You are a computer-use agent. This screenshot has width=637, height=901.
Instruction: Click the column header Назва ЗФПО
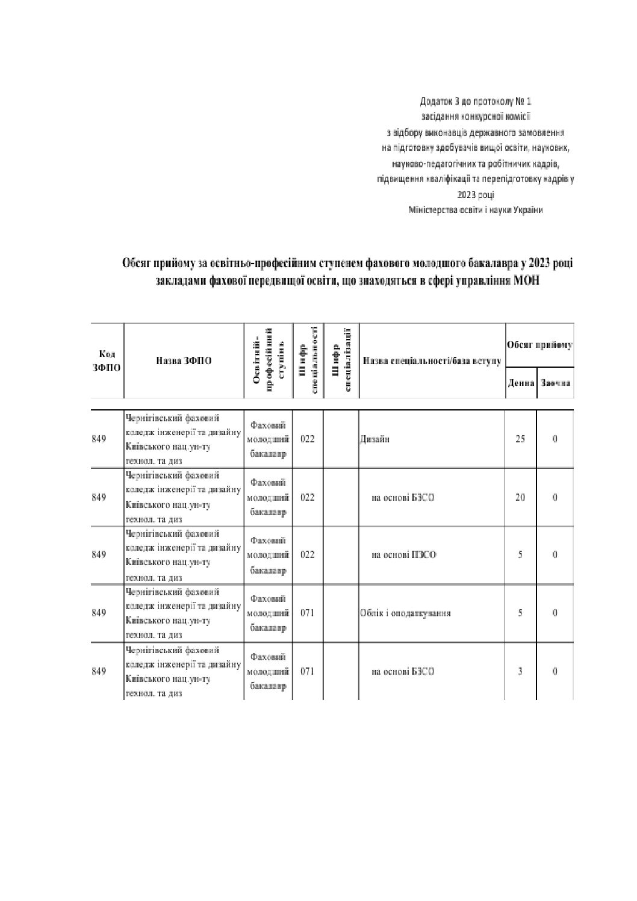click(x=184, y=361)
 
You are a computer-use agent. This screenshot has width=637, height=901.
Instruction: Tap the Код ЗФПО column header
click(x=107, y=361)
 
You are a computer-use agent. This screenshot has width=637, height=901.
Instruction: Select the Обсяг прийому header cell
click(x=539, y=345)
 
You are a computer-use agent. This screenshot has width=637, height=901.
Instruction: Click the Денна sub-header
click(x=521, y=383)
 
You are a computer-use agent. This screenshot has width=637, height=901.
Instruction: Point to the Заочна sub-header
click(x=555, y=383)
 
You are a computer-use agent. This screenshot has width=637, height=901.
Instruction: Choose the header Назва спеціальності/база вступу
click(x=432, y=361)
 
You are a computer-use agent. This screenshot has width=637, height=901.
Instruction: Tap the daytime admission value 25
click(x=520, y=439)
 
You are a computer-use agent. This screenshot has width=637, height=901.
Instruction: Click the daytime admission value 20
click(x=520, y=497)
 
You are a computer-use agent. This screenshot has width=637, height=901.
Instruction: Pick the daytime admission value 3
click(x=520, y=671)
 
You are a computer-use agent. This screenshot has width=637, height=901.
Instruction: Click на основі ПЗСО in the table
click(x=403, y=555)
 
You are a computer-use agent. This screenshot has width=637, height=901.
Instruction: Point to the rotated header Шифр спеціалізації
click(x=341, y=361)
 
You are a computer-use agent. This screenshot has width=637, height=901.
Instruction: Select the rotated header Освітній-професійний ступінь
click(x=268, y=361)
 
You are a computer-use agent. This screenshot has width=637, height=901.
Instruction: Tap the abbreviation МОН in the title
click(x=527, y=280)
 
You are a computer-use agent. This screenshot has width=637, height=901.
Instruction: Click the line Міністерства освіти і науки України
click(x=475, y=210)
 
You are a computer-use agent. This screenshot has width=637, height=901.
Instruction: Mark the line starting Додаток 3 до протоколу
click(x=476, y=101)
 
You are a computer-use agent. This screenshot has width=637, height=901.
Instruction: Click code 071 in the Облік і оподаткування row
click(x=307, y=613)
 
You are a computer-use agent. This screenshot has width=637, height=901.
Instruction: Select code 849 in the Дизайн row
click(x=99, y=439)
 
